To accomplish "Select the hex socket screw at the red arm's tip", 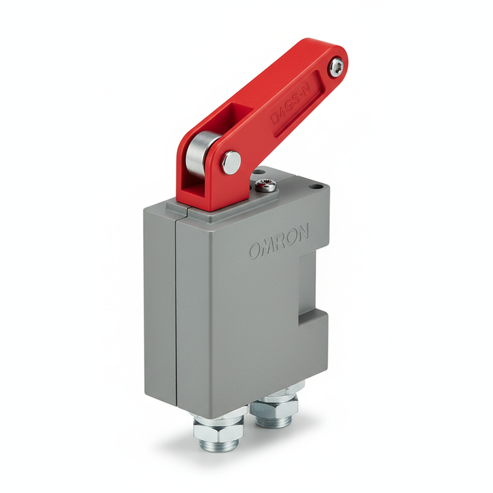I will coord(336,66).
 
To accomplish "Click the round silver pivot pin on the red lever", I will coord(231,162).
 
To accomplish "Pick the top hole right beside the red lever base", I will coord(258,171).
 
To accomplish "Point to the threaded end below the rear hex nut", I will coord(274,421).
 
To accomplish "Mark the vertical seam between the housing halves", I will coord(176,308).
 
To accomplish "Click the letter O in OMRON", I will coord(256,250).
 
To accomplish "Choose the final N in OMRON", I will coord(302,233).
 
